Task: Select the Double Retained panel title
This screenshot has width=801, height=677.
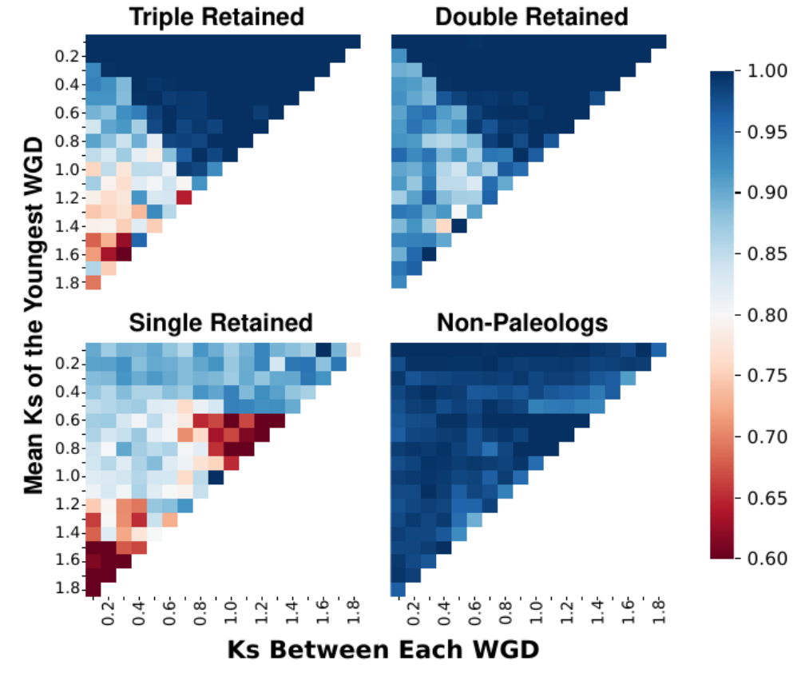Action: click(531, 16)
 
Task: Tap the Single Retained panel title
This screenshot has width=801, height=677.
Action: click(221, 322)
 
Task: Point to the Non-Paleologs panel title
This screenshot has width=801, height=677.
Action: click(522, 322)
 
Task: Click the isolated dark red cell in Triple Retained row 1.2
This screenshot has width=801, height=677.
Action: click(184, 197)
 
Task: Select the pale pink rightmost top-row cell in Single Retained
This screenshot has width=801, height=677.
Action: click(354, 350)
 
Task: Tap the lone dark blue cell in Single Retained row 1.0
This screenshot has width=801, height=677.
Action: click(216, 476)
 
